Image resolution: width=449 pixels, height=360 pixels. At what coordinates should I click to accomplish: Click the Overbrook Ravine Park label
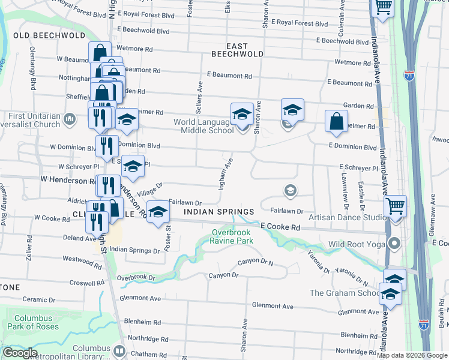232,236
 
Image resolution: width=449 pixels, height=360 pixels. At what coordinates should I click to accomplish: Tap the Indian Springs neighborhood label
219,212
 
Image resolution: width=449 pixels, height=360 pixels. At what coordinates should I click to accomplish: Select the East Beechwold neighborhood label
237,50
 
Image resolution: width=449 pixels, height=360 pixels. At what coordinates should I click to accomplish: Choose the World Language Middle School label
203,126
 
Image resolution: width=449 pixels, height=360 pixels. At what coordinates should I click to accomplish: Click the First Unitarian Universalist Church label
34,120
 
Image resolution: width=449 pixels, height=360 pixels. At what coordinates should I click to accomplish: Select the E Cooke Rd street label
280,227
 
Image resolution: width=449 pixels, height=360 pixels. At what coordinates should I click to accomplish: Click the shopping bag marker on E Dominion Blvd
336,121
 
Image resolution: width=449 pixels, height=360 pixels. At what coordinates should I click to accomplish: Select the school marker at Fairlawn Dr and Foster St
158,212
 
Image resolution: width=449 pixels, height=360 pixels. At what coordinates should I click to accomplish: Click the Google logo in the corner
20,353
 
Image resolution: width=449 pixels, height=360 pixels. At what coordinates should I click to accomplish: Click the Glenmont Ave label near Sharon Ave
273,306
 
